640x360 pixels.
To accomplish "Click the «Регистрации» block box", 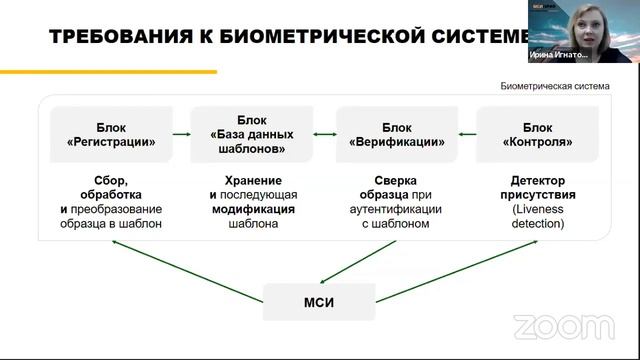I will click(104, 135).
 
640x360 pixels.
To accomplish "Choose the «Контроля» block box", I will click(537, 135).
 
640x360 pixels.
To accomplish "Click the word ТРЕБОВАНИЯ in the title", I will click(94, 38).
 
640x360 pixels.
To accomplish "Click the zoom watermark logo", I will click(564, 326).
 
